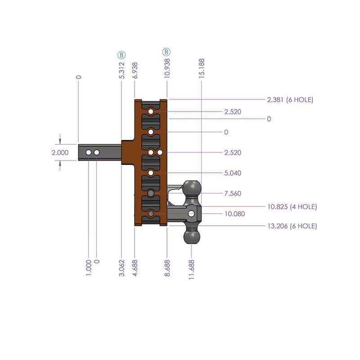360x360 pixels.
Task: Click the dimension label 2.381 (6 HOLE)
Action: point(290,100)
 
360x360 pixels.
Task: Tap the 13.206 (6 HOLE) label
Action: point(292,226)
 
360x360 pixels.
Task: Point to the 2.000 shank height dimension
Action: point(60,153)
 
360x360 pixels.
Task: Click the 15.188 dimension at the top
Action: point(201,69)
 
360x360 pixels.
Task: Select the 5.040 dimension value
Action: point(233,173)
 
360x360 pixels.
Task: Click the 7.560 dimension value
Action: point(233,193)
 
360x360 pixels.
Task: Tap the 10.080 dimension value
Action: point(234,214)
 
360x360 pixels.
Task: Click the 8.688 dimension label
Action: point(167,268)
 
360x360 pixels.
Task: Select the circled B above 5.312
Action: point(121,55)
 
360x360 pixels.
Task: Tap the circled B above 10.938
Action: point(166,52)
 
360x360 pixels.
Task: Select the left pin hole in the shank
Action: point(89,153)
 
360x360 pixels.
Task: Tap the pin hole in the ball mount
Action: point(192,213)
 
